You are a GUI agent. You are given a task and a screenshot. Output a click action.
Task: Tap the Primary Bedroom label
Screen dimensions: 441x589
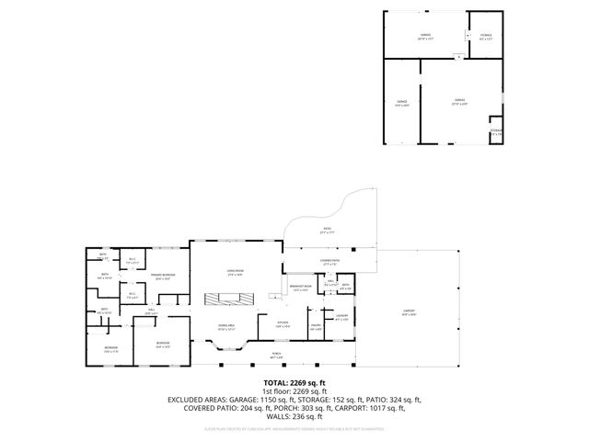pyautogui.click(x=164, y=276)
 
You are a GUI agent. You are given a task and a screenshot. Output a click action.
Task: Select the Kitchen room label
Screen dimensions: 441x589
pyautogui.click(x=283, y=323)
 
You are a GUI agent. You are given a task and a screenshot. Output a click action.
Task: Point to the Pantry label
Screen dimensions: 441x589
pyautogui.click(x=315, y=325)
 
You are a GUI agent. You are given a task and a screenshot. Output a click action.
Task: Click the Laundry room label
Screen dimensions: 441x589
pyautogui.click(x=341, y=318)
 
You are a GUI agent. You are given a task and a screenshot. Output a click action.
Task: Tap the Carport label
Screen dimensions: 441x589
pyautogui.click(x=409, y=311)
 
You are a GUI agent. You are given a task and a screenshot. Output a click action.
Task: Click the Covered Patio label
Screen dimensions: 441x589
pyautogui.click(x=329, y=263)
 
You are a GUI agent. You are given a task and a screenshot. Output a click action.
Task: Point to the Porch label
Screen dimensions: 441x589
pyautogui.click(x=275, y=355)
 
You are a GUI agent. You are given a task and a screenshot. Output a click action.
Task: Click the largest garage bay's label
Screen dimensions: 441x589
pyautogui.click(x=457, y=102)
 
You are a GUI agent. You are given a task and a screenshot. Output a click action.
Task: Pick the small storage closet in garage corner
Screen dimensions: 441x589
pyautogui.click(x=496, y=131)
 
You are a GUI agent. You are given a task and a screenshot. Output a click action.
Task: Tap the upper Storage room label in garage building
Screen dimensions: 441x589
pyautogui.click(x=486, y=37)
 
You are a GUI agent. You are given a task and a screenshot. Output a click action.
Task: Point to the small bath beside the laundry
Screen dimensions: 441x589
pyautogui.click(x=345, y=287)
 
